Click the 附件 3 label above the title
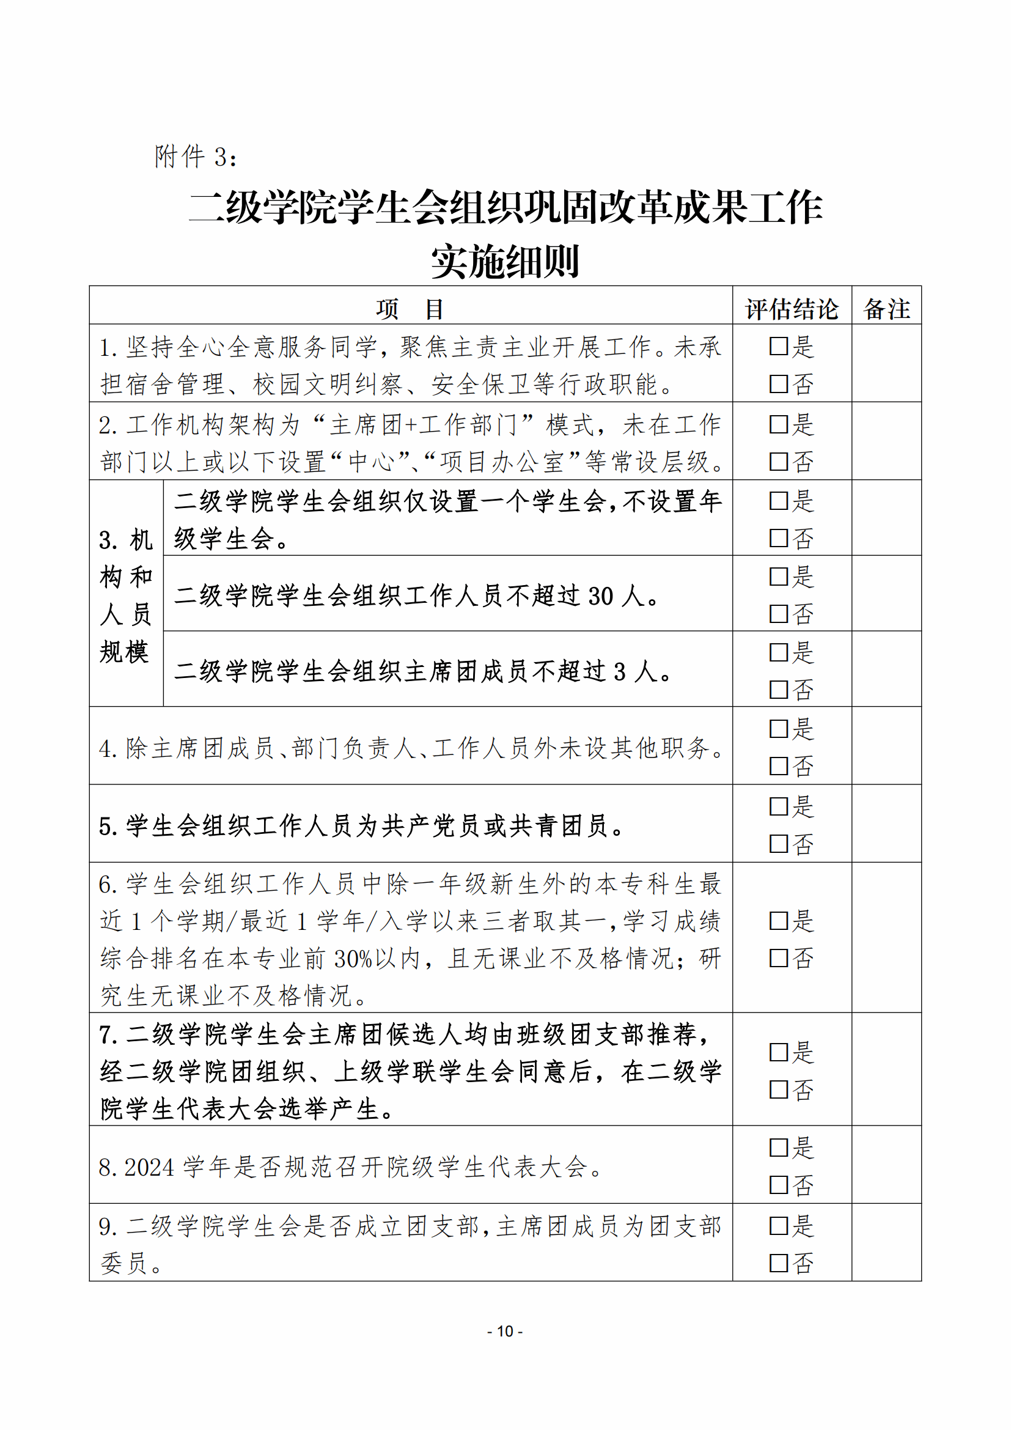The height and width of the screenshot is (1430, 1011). pos(195,157)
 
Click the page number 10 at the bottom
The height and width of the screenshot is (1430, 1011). pos(505,1331)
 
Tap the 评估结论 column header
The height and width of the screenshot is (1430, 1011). pos(791,309)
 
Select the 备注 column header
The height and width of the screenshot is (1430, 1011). pos(886,309)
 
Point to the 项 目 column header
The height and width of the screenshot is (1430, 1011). pos(410,309)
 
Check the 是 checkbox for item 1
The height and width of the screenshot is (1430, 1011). pos(779,346)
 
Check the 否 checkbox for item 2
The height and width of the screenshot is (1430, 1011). pos(779,462)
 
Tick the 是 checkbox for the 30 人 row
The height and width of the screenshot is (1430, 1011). pos(779,577)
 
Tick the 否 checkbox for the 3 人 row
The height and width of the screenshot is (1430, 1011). pos(779,690)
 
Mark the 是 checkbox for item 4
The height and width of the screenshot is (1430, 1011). pos(779,729)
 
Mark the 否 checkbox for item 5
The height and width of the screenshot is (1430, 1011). pos(779,844)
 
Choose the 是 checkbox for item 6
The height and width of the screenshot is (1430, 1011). pos(779,921)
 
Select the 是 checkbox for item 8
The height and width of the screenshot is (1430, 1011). pos(779,1147)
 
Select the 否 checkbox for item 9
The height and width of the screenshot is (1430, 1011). pos(779,1263)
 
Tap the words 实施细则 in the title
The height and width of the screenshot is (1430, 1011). pos(505,262)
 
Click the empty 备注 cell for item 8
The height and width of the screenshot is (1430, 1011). pos(886,1166)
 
